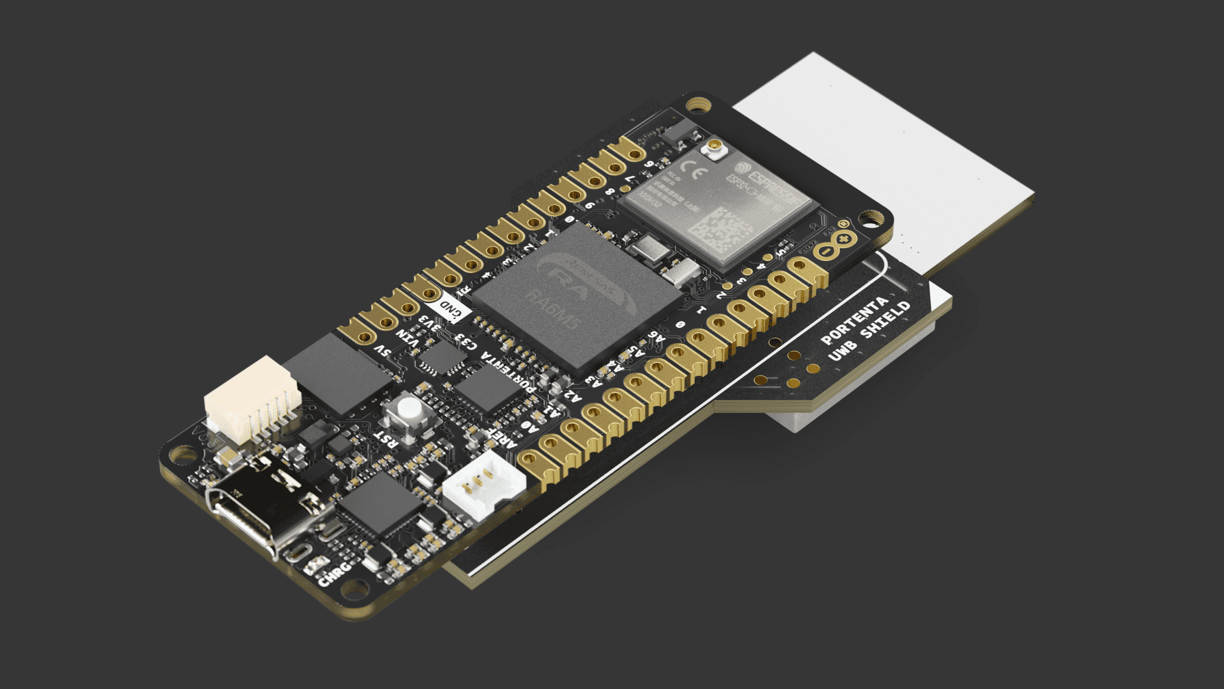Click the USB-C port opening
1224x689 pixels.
245,520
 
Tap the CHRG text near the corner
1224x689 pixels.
335,573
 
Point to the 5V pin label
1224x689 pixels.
382,352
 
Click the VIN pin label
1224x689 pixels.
408,337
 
